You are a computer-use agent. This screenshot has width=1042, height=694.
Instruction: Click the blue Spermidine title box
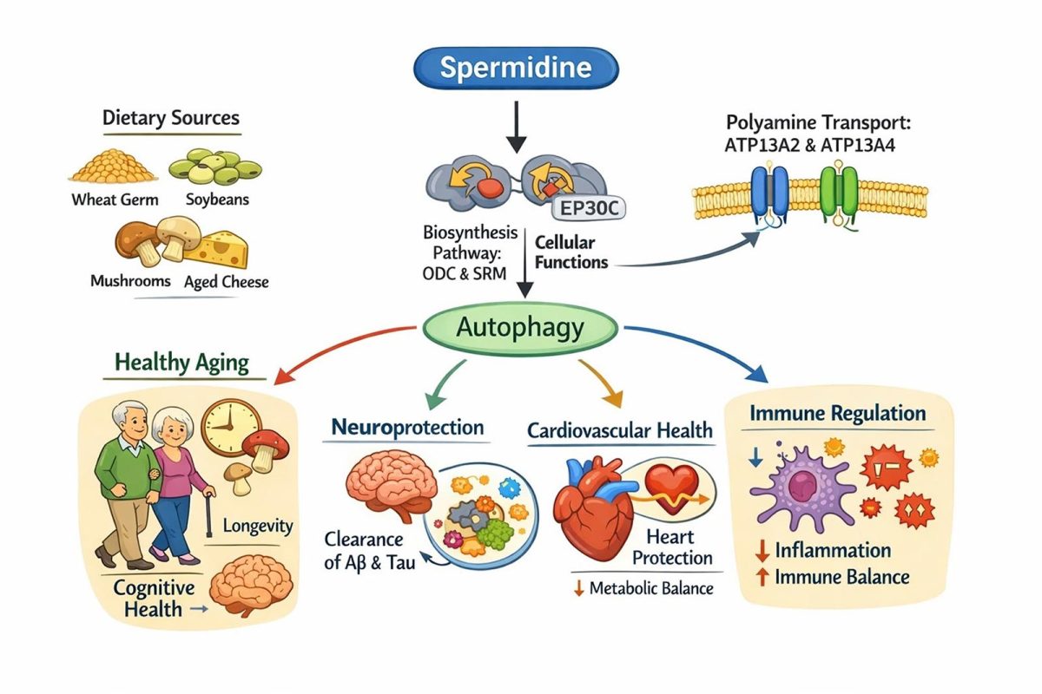pos(517,69)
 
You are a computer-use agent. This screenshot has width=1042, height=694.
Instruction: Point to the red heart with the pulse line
pos(669,482)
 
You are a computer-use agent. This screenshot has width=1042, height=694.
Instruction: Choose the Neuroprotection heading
pos(406,428)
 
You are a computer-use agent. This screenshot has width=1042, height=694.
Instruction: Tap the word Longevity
pos(258,526)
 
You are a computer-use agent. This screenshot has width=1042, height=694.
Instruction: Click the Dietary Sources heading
pos(171,118)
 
